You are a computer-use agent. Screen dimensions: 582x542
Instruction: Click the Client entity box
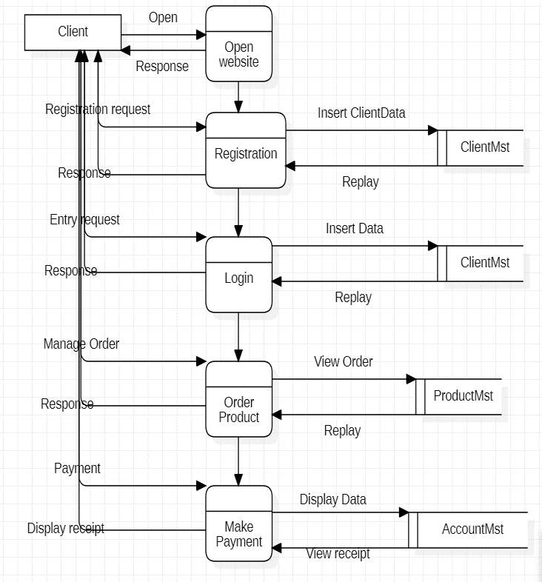click(x=73, y=32)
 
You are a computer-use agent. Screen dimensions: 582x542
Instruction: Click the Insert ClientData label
click(x=361, y=113)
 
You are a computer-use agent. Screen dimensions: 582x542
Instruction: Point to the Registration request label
click(x=98, y=110)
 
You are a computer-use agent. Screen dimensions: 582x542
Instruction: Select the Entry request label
click(x=84, y=220)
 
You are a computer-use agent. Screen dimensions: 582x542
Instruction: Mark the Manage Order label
click(x=81, y=344)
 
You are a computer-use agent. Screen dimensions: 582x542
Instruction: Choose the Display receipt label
click(x=66, y=529)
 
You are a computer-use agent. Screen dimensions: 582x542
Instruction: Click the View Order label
click(x=344, y=362)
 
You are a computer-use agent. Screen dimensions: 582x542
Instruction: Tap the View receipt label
click(x=338, y=554)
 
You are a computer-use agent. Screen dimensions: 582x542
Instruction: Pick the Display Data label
click(x=333, y=500)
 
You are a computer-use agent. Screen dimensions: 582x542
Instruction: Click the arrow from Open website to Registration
click(x=238, y=97)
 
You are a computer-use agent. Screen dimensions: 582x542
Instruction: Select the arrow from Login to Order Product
click(x=238, y=337)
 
